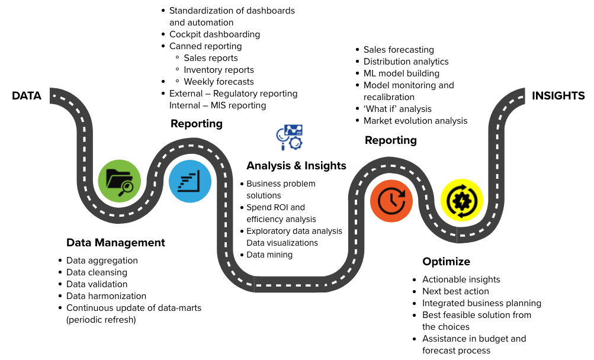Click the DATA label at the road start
(27, 96)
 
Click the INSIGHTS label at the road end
(558, 96)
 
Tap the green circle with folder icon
(120, 181)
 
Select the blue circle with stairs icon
(190, 181)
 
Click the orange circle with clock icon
(391, 201)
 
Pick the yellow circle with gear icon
(461, 200)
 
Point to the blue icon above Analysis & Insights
(290, 137)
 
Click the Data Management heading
(115, 243)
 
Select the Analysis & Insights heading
(296, 166)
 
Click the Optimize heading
(446, 262)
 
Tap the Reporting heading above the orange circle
(391, 140)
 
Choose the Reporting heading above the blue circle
(197, 124)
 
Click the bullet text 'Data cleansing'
(97, 272)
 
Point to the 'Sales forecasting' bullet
(399, 50)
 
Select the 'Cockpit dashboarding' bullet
(214, 34)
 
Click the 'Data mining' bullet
(269, 255)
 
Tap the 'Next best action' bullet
(455, 291)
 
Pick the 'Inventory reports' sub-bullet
(219, 70)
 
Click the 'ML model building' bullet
(402, 73)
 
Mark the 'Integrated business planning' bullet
(481, 303)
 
